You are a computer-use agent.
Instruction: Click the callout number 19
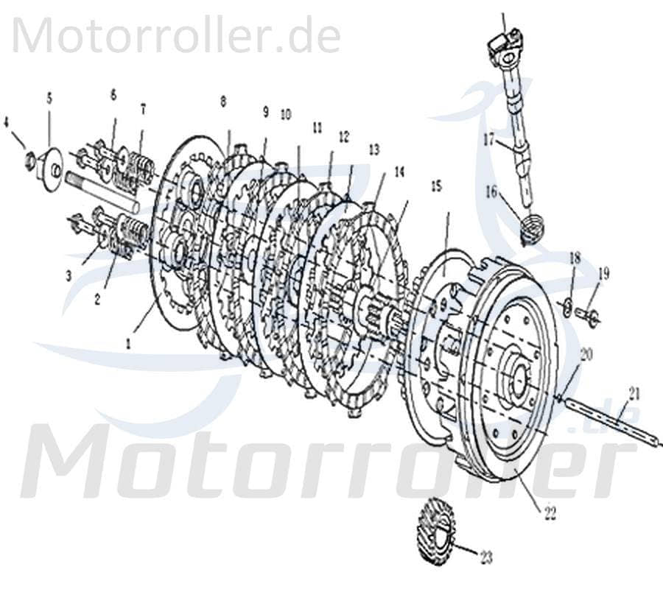(x=603, y=274)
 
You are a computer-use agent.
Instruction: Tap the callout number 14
(x=399, y=172)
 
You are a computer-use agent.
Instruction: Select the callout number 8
(x=222, y=102)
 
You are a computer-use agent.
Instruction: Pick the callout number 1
(x=130, y=342)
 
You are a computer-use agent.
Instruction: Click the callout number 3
(x=68, y=276)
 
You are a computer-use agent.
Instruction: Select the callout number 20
(x=586, y=354)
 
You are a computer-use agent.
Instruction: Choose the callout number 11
(x=317, y=127)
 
